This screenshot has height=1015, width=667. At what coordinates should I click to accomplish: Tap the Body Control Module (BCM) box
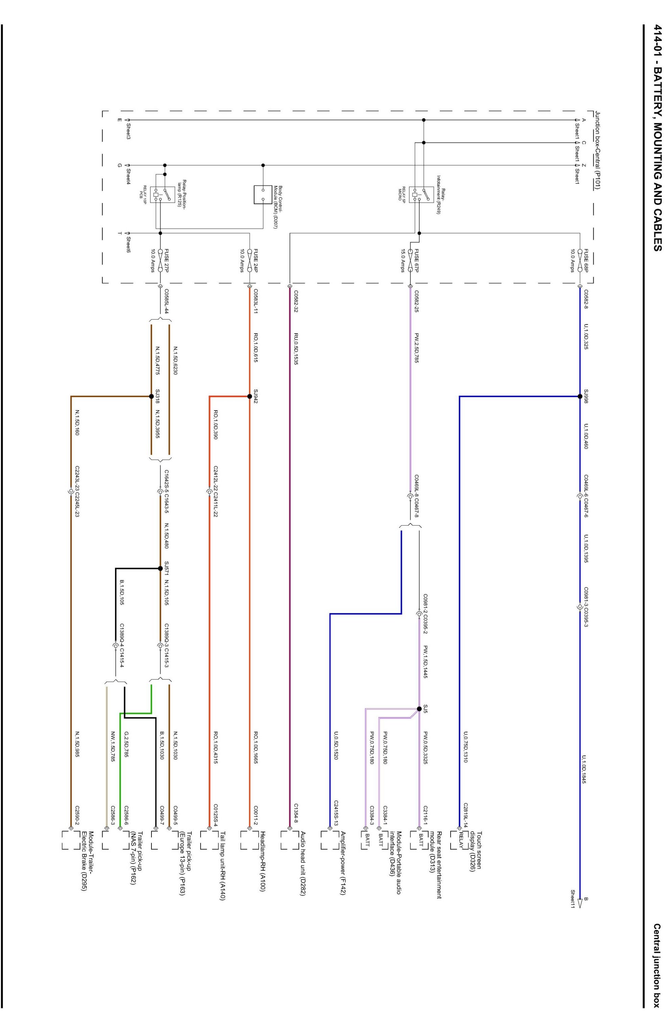click(x=263, y=195)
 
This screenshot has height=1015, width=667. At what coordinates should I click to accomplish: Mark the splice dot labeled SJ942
click(x=249, y=396)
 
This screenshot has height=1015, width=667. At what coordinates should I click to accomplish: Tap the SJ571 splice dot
click(x=160, y=568)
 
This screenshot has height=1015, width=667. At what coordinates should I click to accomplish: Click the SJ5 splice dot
click(x=419, y=709)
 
